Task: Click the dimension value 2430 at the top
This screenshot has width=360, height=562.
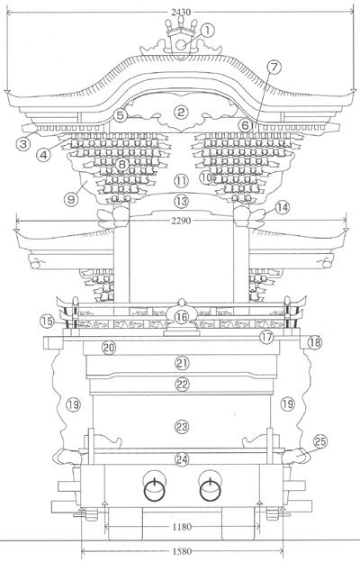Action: coord(181,13)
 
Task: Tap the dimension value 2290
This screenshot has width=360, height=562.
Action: coord(181,221)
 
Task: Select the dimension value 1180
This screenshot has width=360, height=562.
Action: coord(182,527)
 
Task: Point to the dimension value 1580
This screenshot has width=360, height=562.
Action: coord(182,551)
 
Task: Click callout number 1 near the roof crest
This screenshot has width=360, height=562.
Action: coord(207,31)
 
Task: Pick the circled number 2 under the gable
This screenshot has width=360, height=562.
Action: coord(181,113)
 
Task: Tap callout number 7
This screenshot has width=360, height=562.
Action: coord(274,67)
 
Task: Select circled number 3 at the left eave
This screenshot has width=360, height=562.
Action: coord(22,144)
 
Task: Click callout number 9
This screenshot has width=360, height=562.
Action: coord(71,199)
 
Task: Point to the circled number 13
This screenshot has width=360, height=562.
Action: coord(181,201)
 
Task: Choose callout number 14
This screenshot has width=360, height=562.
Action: coord(283,207)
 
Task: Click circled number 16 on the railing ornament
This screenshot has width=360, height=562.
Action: coord(182,317)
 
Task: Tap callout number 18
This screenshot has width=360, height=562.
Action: coord(314,342)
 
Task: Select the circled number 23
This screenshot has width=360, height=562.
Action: coord(182,427)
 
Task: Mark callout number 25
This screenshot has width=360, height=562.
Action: coord(319,442)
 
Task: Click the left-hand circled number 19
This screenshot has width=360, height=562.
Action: coord(73,404)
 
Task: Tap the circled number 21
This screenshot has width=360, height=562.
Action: coord(182,364)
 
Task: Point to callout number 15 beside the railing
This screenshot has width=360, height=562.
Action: coord(47,322)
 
